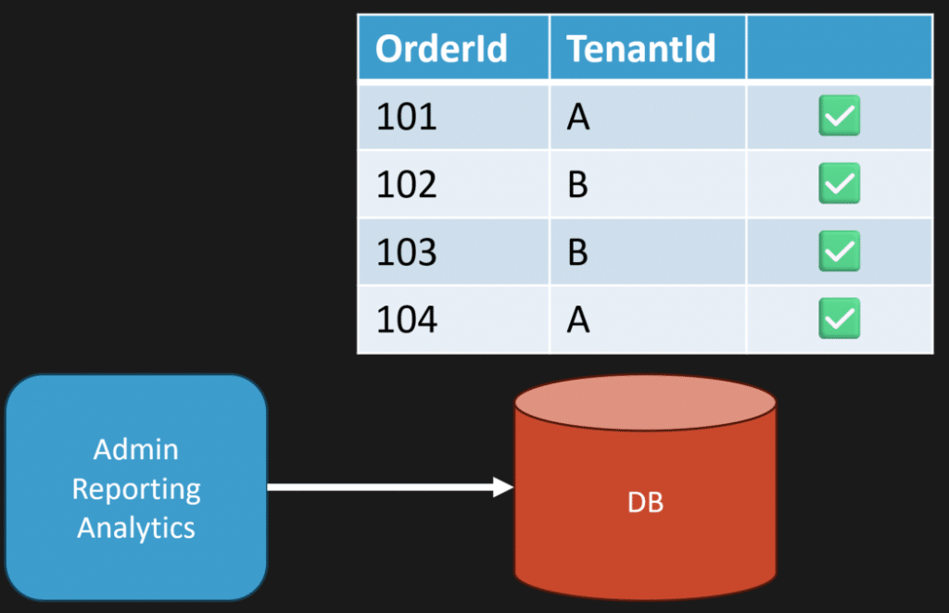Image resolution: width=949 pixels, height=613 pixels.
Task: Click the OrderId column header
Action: (x=441, y=48)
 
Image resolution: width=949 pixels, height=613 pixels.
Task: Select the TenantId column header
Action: (x=641, y=48)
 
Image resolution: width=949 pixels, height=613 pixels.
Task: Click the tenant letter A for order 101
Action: (x=578, y=117)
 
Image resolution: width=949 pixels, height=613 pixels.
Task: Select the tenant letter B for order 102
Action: (x=578, y=184)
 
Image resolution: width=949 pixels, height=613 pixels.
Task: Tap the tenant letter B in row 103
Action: (x=578, y=252)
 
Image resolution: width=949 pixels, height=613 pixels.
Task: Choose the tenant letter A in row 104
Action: (x=578, y=319)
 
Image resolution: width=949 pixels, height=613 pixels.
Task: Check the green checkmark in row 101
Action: (x=840, y=116)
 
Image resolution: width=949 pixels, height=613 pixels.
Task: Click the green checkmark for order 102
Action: (x=840, y=183)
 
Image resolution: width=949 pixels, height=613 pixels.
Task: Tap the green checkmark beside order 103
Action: (x=840, y=251)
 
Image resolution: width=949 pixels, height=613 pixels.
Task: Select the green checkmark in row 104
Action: (x=840, y=318)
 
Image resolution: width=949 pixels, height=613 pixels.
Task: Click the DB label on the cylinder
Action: (x=645, y=503)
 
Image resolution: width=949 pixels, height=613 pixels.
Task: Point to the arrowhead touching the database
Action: (x=503, y=487)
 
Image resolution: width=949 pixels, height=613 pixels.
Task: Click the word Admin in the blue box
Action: (x=136, y=450)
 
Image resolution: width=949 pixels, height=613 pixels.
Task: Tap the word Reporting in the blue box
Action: (x=136, y=490)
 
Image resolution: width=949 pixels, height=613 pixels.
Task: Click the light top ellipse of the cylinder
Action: (x=645, y=403)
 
